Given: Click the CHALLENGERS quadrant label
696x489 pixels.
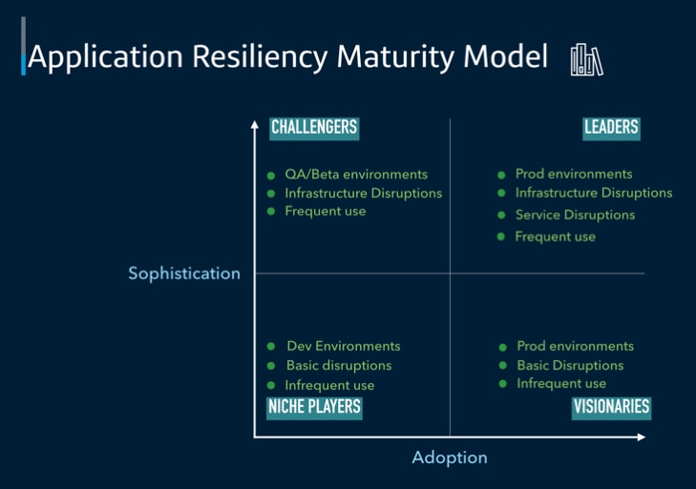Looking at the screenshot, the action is [x=314, y=129].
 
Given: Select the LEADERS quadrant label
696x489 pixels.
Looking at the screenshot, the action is [x=611, y=129].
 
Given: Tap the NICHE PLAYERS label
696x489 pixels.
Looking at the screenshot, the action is [x=314, y=408].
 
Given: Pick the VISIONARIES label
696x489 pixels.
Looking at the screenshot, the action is [x=611, y=408].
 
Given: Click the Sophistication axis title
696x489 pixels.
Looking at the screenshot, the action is [x=184, y=273].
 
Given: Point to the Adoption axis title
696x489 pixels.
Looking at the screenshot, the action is [x=450, y=457].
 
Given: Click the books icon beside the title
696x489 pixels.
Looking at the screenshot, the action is [x=587, y=60].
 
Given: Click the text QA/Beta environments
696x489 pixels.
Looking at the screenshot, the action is [x=356, y=174].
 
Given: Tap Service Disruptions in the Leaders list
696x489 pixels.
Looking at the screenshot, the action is [x=575, y=215].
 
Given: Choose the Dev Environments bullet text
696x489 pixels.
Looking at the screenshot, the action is [x=344, y=346].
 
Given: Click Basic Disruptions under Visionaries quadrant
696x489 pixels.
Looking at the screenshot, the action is [x=570, y=366].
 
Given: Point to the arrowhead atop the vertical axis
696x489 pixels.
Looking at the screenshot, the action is [x=254, y=124].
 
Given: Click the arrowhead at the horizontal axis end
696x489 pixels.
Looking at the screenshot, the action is [x=641, y=437].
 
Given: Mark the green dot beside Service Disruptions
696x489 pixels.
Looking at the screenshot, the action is [x=501, y=216].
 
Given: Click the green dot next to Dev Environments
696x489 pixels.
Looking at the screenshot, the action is [x=271, y=347].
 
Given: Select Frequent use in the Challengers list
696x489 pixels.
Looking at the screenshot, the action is [x=326, y=211].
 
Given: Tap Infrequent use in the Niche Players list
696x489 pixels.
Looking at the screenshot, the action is [x=329, y=386].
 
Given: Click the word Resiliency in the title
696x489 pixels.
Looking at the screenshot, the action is [x=260, y=57].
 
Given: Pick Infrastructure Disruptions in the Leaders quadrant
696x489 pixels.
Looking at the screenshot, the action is [x=594, y=193].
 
